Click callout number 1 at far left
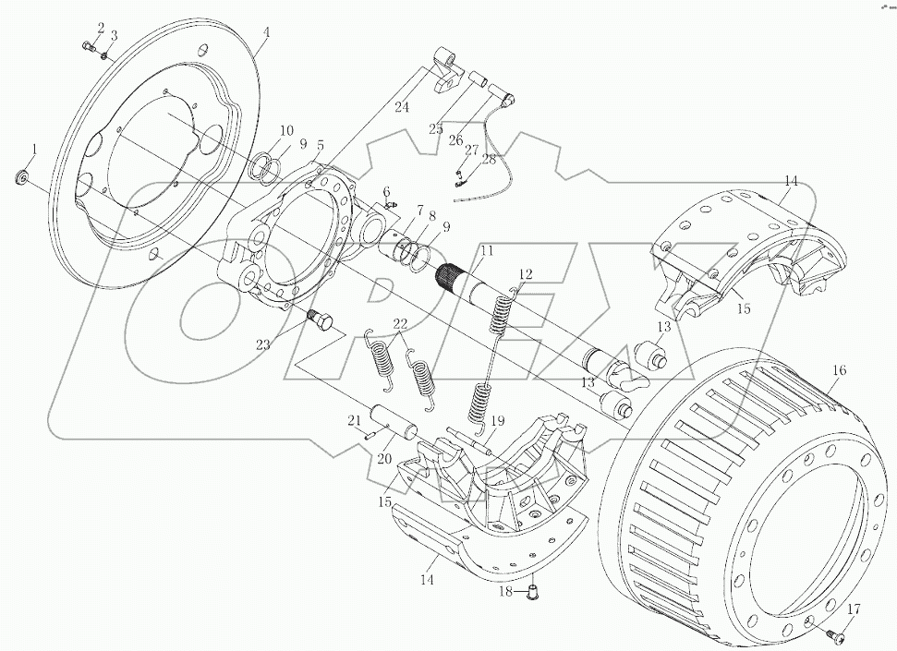pos(35,148)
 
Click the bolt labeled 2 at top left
pos(89,48)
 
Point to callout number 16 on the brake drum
pos(838,370)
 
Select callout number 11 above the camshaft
pos(486,251)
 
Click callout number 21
pos(353,420)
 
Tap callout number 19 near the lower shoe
pos(496,421)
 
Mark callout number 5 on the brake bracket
pos(320,146)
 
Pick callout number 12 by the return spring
pos(525,273)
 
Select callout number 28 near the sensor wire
pos(488,161)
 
